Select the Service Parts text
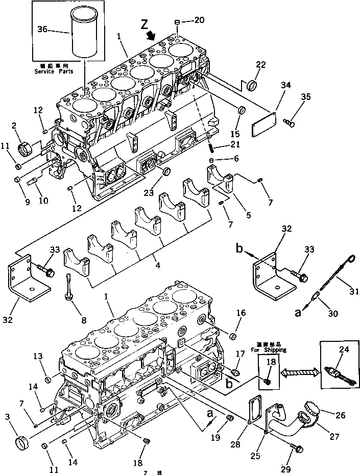click(54, 71)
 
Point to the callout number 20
click(199, 20)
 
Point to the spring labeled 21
click(210, 147)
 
